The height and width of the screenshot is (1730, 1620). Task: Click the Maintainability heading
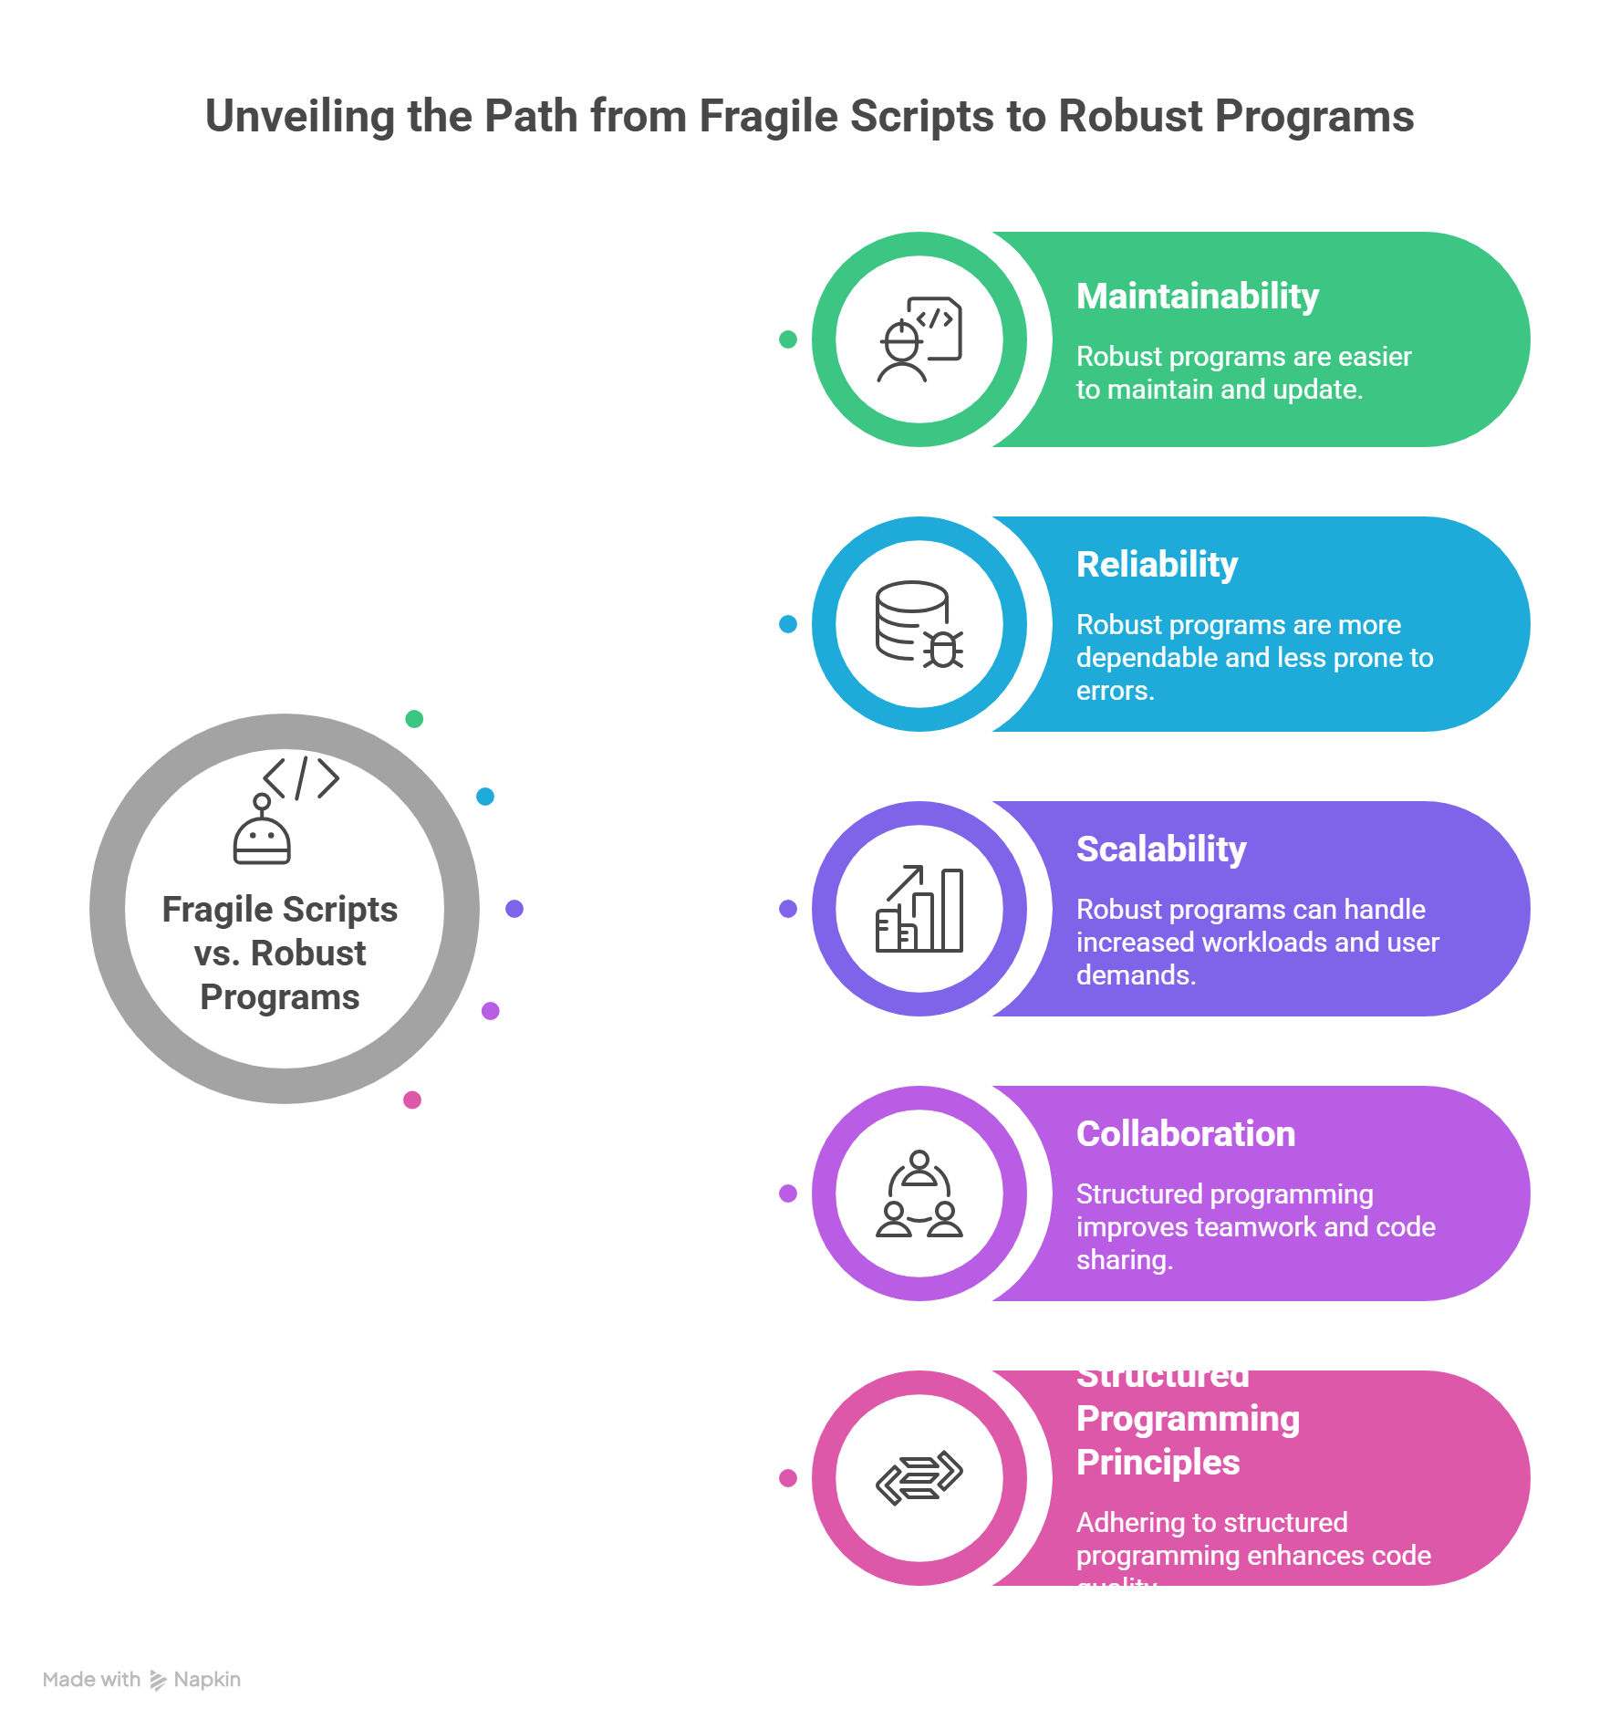point(1197,297)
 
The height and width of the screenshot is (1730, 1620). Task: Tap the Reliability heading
point(1157,565)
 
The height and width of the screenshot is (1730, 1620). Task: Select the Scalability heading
point(1160,849)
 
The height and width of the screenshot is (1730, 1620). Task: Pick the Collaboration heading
point(1185,1134)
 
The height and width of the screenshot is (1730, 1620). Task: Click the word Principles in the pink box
point(1158,1463)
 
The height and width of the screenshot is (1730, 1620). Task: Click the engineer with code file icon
point(919,339)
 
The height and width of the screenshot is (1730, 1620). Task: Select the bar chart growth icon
point(919,909)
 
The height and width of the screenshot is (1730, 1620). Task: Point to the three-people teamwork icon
point(919,1193)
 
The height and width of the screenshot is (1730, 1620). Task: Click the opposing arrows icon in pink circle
point(919,1477)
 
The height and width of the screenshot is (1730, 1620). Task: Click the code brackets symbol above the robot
point(301,777)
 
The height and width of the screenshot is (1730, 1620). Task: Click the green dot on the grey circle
point(414,719)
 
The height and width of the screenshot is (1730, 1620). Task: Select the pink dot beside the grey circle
point(412,1099)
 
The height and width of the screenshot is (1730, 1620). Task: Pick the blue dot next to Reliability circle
point(788,624)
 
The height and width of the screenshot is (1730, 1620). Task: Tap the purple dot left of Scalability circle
point(788,909)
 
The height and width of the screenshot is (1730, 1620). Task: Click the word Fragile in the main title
point(768,117)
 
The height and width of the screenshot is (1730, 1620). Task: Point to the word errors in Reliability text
point(1114,691)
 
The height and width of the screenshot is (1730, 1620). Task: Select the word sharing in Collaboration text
point(1123,1260)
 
